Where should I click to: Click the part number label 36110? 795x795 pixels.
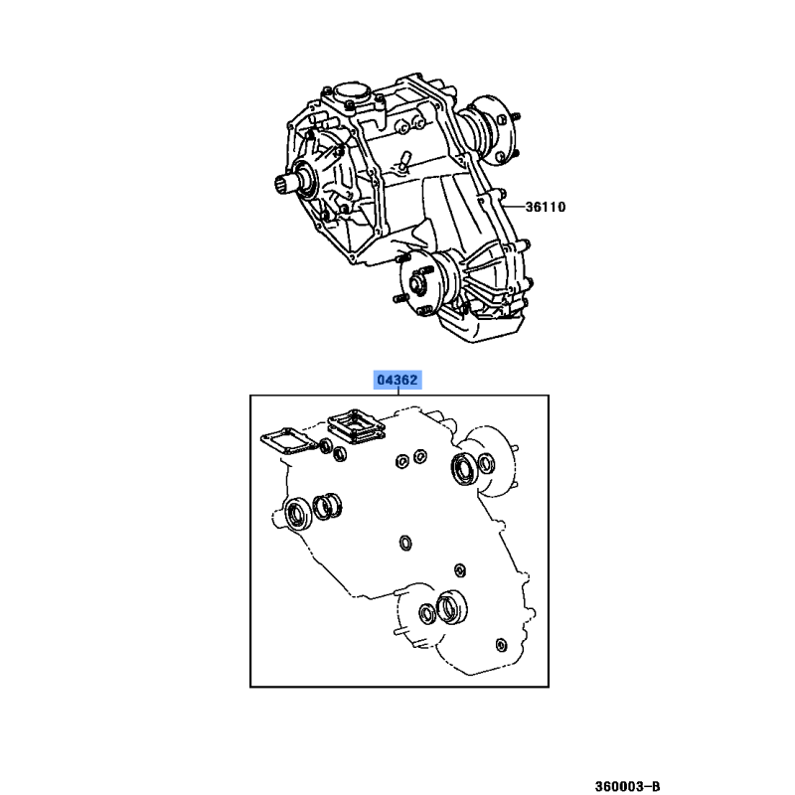(545, 207)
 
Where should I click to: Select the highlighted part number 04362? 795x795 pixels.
(397, 380)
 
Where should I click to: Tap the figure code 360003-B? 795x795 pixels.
(627, 786)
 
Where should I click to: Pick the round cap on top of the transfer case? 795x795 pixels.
(350, 93)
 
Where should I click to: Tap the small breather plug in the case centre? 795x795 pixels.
(404, 160)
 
